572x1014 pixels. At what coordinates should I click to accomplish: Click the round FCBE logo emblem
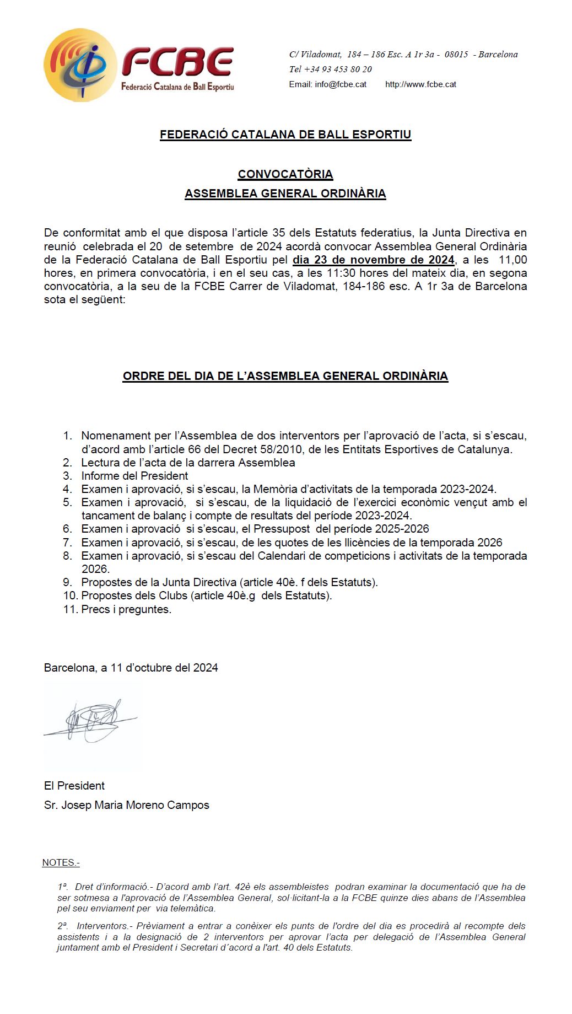(x=80, y=66)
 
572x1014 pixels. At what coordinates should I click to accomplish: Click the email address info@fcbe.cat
(x=341, y=84)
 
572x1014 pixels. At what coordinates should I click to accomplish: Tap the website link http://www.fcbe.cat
(x=420, y=84)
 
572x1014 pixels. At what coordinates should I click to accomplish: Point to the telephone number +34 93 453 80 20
(x=338, y=69)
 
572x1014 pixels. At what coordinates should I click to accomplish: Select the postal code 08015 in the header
(x=456, y=55)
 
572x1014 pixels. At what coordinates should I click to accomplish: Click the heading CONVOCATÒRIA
(x=285, y=174)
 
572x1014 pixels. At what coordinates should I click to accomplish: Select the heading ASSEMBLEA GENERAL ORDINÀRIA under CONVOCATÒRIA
(x=285, y=194)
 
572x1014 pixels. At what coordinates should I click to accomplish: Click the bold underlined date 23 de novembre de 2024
(x=373, y=260)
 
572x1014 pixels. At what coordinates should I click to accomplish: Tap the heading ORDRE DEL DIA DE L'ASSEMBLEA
(x=285, y=376)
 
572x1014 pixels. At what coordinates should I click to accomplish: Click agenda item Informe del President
(x=134, y=476)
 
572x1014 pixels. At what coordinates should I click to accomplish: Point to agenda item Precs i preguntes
(x=126, y=609)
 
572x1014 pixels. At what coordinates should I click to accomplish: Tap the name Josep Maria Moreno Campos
(x=135, y=805)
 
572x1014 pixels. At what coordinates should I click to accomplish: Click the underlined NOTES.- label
(x=61, y=862)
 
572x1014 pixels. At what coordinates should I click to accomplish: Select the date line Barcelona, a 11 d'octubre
(x=131, y=668)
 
